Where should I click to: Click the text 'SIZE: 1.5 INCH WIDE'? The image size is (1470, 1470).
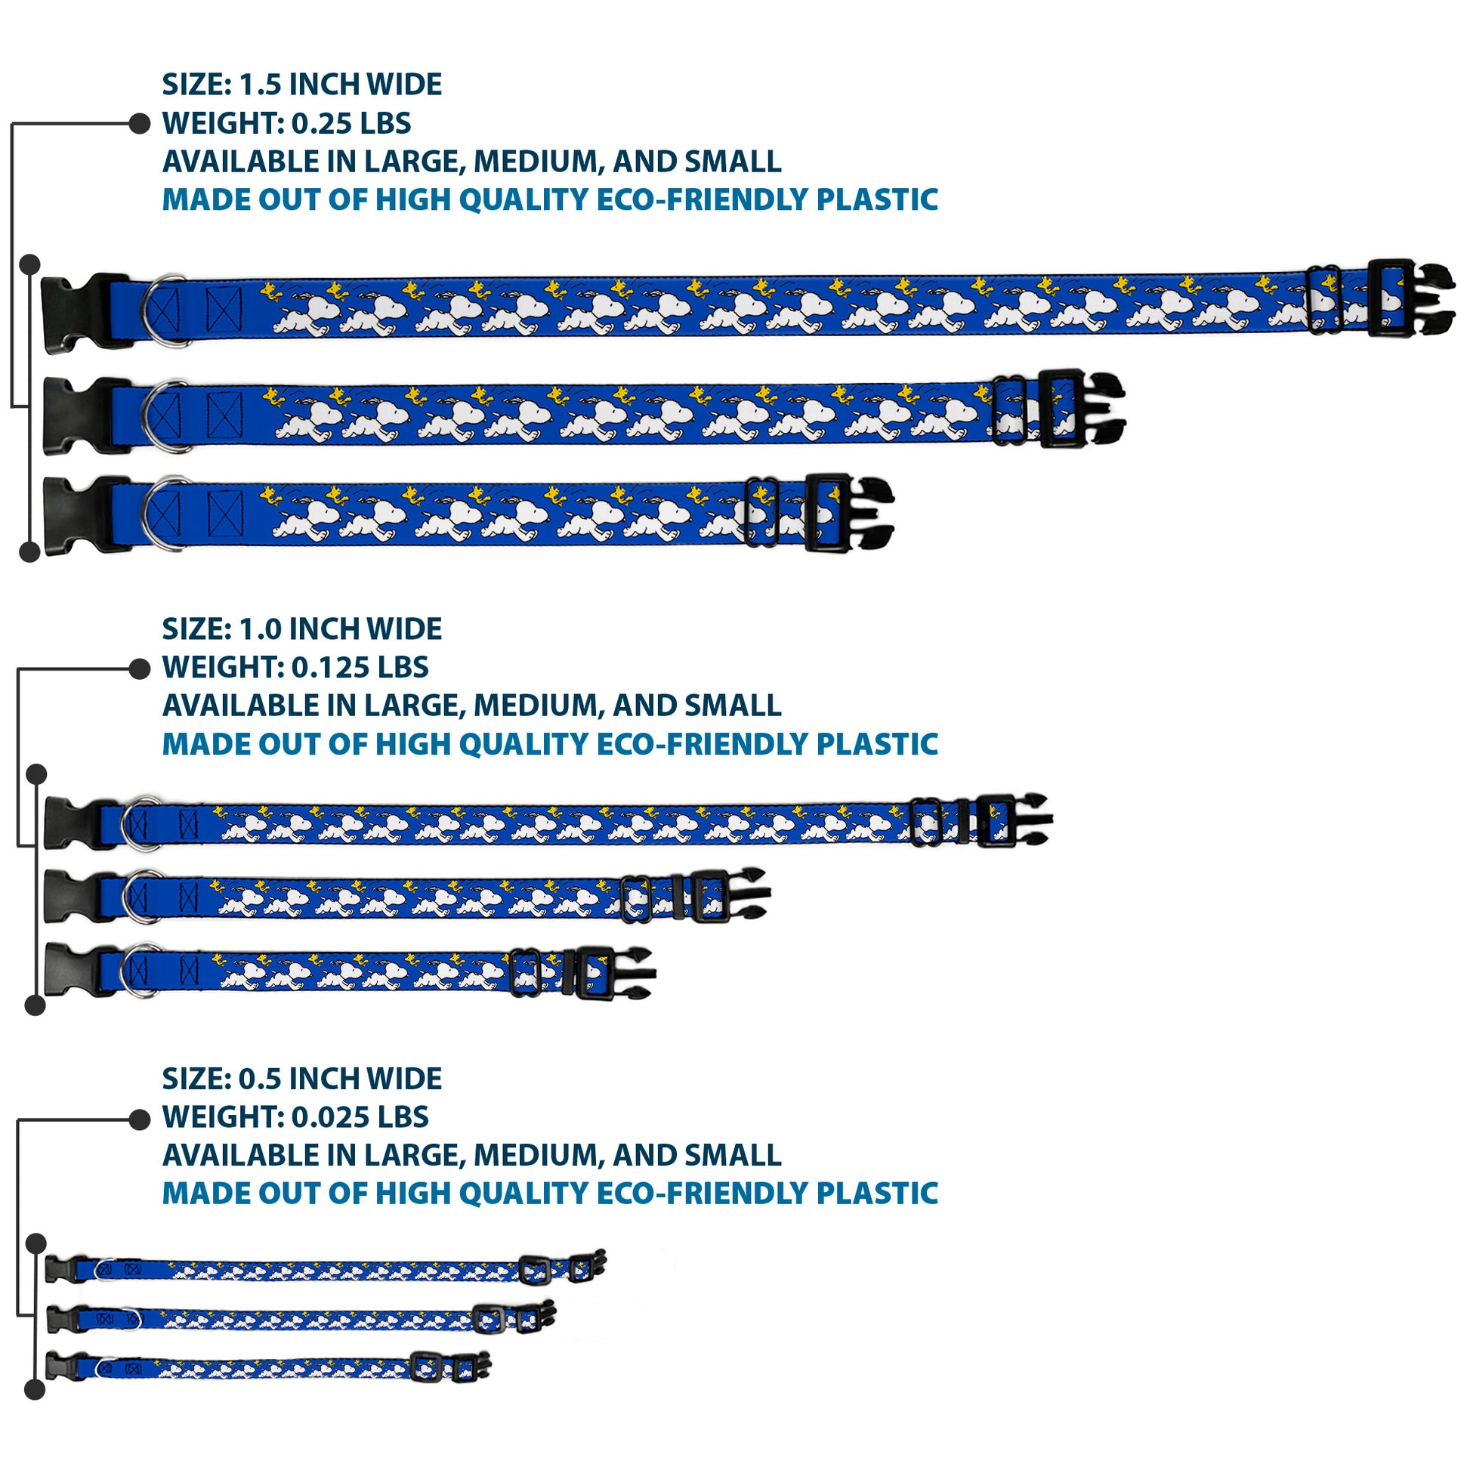pyautogui.click(x=301, y=85)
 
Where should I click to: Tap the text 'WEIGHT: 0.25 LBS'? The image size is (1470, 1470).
pyautogui.click(x=286, y=123)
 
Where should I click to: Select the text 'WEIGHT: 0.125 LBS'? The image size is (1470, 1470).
pyautogui.click(x=295, y=667)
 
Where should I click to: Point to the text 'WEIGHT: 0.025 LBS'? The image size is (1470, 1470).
pyautogui.click(x=295, y=1117)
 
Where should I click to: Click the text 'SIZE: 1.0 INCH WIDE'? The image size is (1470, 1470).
pyautogui.click(x=301, y=629)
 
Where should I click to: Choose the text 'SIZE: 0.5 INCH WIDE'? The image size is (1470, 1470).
pyautogui.click(x=301, y=1079)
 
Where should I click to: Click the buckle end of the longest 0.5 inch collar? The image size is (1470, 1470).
pyautogui.click(x=592, y=1268)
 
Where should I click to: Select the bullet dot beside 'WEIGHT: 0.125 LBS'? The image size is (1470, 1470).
pyautogui.click(x=139, y=669)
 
